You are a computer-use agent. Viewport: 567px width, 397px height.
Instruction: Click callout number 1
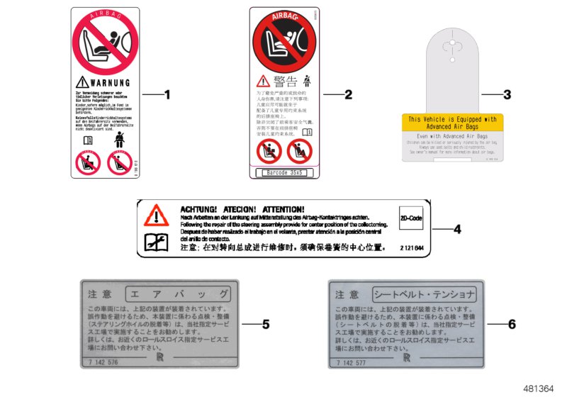tap(168, 94)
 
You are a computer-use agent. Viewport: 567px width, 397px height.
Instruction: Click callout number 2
tap(348, 94)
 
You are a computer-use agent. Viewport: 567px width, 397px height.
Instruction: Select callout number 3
tap(506, 94)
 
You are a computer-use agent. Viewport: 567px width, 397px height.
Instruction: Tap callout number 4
tap(457, 229)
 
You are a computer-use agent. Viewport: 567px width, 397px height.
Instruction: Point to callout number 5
tap(266, 325)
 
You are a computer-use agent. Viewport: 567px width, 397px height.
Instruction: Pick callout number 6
tap(512, 325)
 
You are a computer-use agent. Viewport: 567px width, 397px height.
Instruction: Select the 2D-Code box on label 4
tap(411, 218)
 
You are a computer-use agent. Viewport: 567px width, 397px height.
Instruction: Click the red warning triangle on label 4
tap(156, 214)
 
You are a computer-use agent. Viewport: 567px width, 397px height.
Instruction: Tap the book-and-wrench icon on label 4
tap(156, 242)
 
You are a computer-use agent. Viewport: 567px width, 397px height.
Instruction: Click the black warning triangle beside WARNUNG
tap(84, 82)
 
